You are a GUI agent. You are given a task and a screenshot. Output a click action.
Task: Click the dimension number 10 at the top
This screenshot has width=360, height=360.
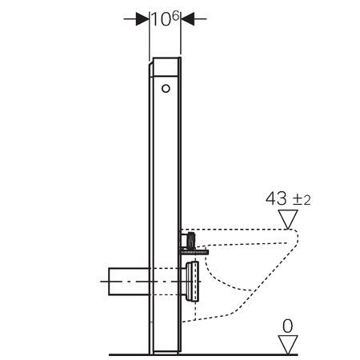click(161, 19)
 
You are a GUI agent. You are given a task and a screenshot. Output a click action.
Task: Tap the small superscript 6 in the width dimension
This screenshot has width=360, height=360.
click(175, 16)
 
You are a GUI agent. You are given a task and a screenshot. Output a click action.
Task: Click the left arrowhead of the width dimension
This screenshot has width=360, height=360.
click(142, 19)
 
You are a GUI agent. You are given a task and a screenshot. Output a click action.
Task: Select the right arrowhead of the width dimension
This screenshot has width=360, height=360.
click(187, 19)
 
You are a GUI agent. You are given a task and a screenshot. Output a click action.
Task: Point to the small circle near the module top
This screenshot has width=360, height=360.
click(166, 89)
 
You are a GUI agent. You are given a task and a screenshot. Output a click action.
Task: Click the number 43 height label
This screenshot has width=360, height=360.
click(276, 198)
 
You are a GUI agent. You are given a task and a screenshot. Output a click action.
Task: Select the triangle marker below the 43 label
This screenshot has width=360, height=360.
click(288, 219)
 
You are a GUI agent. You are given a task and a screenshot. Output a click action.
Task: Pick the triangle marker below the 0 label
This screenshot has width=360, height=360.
click(288, 345)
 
